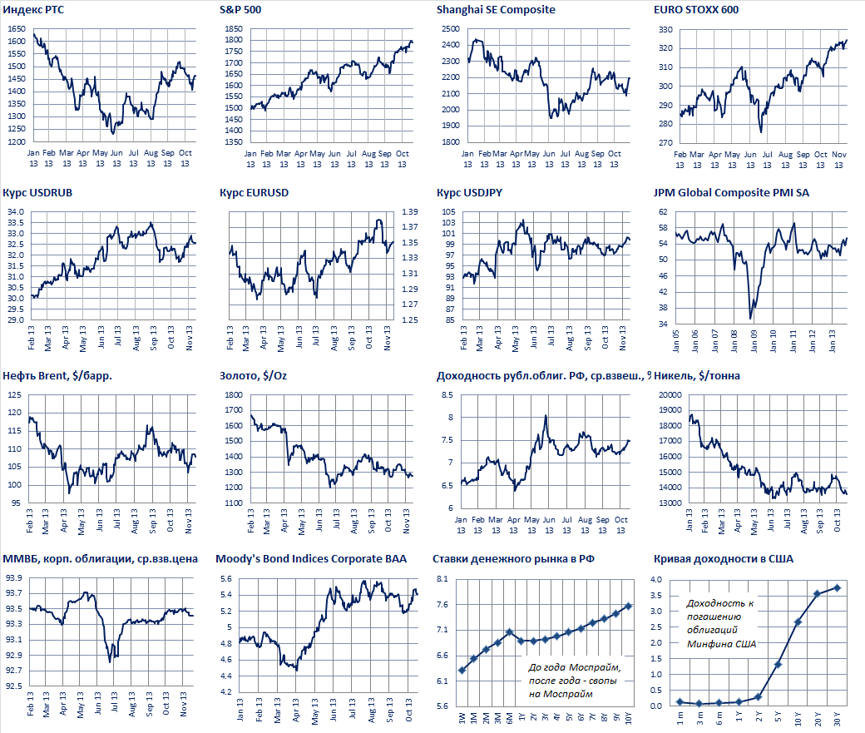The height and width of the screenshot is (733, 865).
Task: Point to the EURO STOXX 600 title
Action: [x=697, y=10]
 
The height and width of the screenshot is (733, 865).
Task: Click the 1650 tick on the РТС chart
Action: [x=16, y=29]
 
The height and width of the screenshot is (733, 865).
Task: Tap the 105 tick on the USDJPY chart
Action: [x=449, y=212]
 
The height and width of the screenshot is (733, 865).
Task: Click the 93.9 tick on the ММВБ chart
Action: [x=16, y=578]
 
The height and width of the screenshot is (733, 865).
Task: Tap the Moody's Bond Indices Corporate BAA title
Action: [x=311, y=559]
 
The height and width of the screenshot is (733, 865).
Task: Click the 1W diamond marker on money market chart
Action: [x=462, y=670]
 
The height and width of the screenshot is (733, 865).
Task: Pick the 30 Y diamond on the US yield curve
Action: [x=838, y=587]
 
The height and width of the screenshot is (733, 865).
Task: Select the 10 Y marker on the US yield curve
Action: [x=798, y=622]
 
